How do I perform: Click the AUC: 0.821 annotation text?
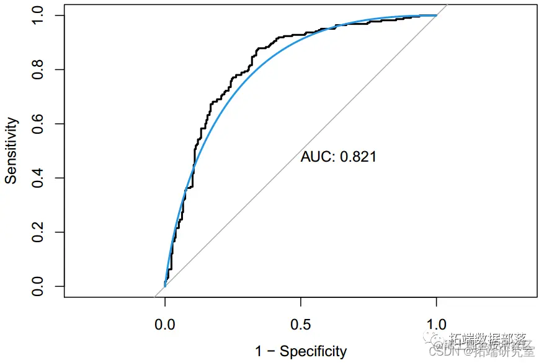pyautogui.click(x=338, y=157)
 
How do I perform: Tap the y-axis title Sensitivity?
pyautogui.click(x=11, y=151)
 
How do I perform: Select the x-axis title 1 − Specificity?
pyautogui.click(x=301, y=352)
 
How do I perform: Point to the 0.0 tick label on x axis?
pyautogui.click(x=165, y=324)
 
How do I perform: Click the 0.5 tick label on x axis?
pyautogui.click(x=301, y=324)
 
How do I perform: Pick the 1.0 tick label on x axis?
pyautogui.click(x=437, y=324)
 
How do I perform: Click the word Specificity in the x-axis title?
pyautogui.click(x=313, y=352)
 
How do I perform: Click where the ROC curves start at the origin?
pyautogui.click(x=165, y=286)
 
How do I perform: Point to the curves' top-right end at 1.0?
pyautogui.click(x=436, y=15)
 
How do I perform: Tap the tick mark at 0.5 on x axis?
pyautogui.click(x=301, y=302)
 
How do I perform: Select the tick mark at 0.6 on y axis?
pyautogui.click(x=60, y=124)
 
